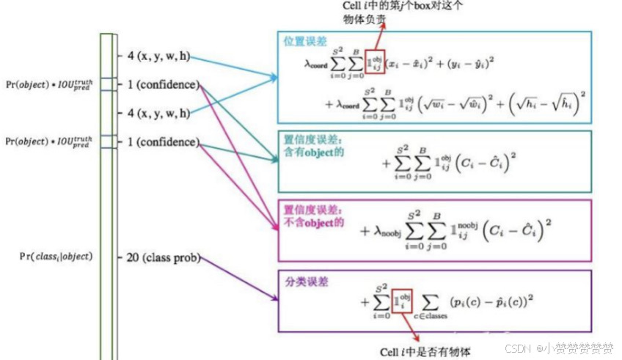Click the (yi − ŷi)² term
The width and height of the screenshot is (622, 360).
point(470,65)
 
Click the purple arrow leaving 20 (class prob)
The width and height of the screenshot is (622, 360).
point(239,279)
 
